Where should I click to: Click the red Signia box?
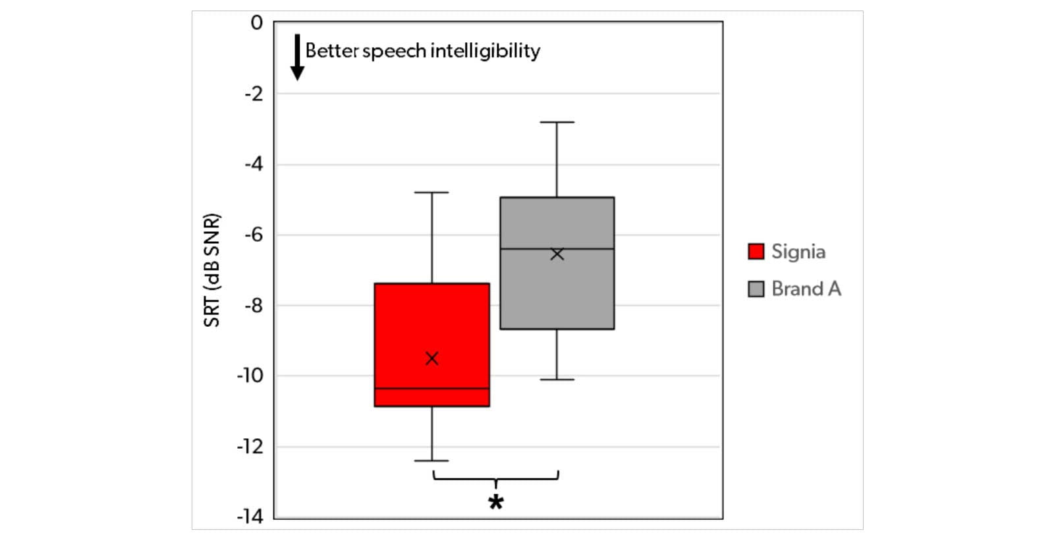431,323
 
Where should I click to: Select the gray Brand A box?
557,290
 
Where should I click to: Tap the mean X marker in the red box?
432,358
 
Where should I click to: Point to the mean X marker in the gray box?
557,254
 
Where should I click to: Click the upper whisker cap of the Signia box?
432,192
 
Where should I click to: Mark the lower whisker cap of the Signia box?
432,461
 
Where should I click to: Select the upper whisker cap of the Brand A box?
557,122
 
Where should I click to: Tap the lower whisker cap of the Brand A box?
557,380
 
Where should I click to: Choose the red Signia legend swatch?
756,251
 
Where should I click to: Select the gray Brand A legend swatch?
756,289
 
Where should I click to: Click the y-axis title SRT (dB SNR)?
211,270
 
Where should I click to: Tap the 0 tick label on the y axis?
256,23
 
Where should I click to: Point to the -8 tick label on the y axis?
253,306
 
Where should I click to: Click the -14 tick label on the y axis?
250,517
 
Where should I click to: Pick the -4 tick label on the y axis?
253,164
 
